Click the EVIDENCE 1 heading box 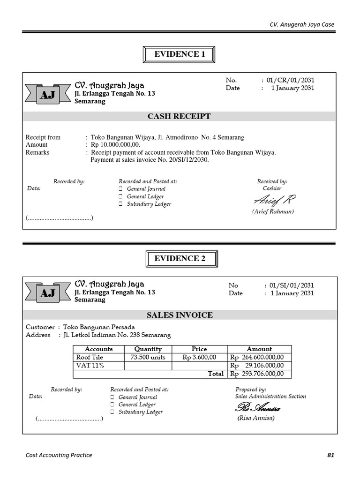tap(180, 54)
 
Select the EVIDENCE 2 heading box tap(180, 258)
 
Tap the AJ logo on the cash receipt tap(47, 95)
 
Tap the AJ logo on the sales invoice tap(47, 293)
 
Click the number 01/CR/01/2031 tap(291, 80)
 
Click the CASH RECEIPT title tap(180, 116)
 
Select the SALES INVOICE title tap(180, 315)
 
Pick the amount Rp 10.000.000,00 tap(115, 145)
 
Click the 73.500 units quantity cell tap(148, 357)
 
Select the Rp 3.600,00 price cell tap(199, 357)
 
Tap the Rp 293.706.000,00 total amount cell tap(259, 374)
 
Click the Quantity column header tap(148, 349)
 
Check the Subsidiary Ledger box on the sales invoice tap(112, 412)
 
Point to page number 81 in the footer tap(331, 455)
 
